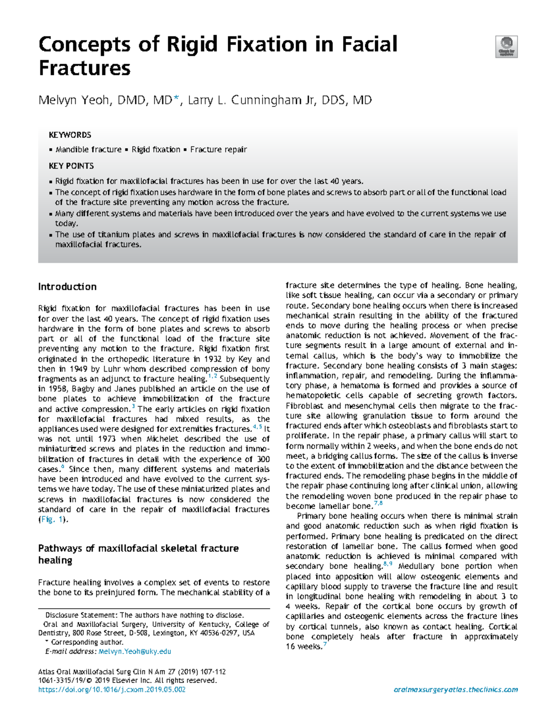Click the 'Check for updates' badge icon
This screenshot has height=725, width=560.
tap(506, 47)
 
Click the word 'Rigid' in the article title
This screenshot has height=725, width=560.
tap(192, 45)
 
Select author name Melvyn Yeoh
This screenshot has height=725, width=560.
tap(74, 100)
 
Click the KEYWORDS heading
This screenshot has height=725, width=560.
tap(70, 135)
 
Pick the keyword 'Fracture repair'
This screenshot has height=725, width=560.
tap(218, 149)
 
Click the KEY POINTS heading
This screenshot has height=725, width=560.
tap(71, 166)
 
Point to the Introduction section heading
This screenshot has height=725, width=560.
tap(67, 287)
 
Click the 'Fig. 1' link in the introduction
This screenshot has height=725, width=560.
tap(52, 520)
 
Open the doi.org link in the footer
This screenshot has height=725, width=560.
tap(112, 690)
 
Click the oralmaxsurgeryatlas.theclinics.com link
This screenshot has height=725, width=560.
tap(455, 690)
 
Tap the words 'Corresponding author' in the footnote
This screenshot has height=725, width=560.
tap(87, 642)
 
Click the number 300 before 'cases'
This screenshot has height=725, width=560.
tap(263, 459)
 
